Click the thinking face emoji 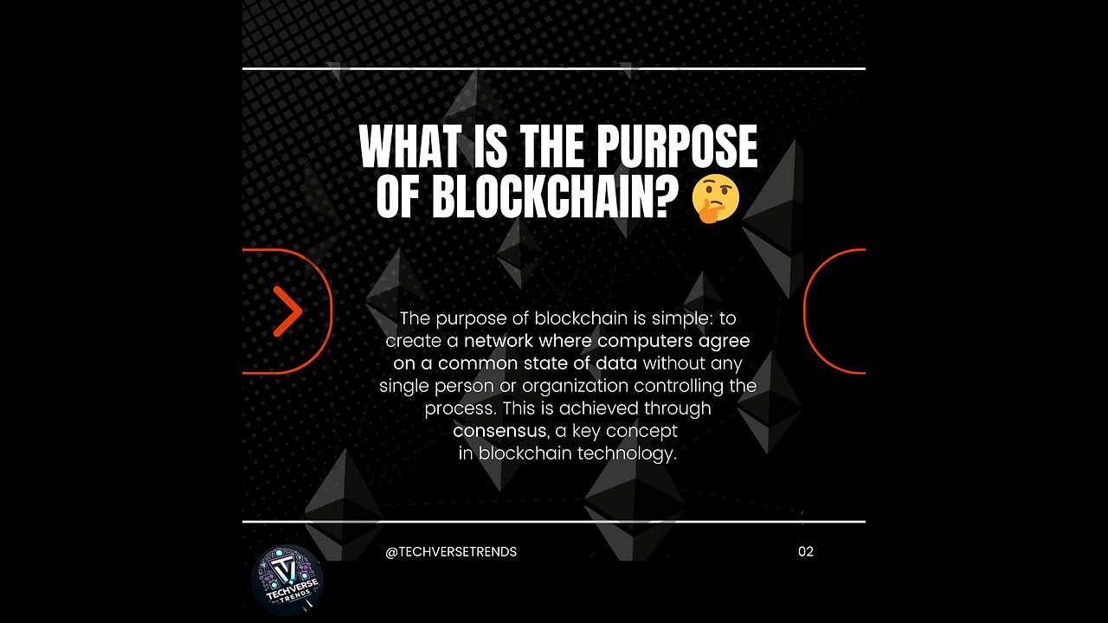pos(716,198)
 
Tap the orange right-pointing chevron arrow pos(288,311)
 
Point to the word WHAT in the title pos(411,146)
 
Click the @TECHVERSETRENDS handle pos(451,552)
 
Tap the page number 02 pos(806,552)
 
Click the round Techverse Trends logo pos(288,580)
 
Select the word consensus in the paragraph pos(499,431)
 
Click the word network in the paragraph pos(499,341)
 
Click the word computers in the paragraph pos(645,342)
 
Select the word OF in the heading pos(399,198)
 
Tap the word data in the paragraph pos(615,363)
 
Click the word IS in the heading pos(491,146)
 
